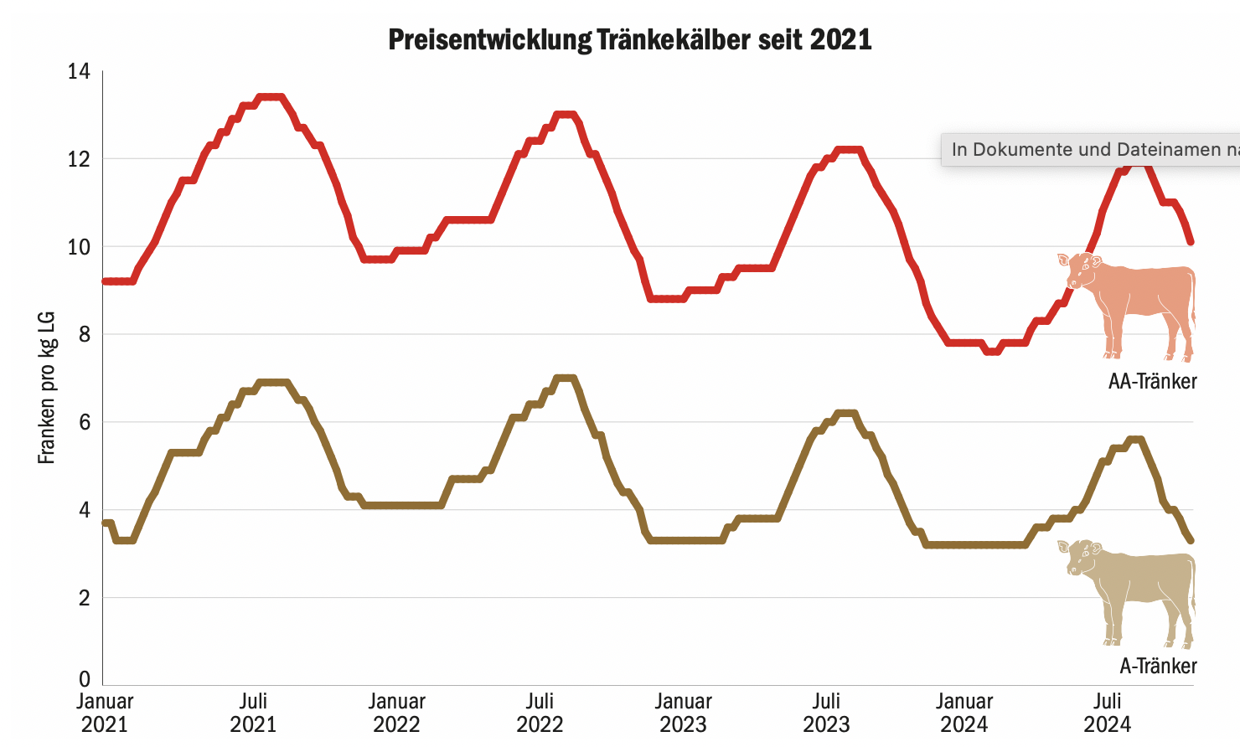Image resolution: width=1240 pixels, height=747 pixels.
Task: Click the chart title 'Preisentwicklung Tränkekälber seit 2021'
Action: point(630,39)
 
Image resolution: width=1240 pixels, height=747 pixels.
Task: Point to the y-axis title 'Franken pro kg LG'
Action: point(47,387)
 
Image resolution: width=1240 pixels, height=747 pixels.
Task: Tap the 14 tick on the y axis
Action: point(79,71)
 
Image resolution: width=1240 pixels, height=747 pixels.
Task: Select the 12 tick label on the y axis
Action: point(79,159)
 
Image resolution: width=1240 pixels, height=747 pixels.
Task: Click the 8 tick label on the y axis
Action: point(84,334)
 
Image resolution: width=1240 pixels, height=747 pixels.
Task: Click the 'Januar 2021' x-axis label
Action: point(105,712)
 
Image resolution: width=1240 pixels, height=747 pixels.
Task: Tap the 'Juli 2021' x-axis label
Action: point(253,712)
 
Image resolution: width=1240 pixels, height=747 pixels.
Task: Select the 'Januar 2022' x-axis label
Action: point(396,712)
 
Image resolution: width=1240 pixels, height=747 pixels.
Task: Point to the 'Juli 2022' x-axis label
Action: point(540,712)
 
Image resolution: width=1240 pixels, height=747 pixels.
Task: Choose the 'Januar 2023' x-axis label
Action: point(683,712)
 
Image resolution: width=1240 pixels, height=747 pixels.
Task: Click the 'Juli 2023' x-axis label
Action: point(826,712)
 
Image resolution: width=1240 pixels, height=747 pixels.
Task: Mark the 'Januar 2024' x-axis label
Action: point(964,712)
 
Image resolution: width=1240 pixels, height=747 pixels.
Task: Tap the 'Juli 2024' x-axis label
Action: point(1108,712)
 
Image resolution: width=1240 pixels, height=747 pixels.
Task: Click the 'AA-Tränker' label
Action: point(1152,382)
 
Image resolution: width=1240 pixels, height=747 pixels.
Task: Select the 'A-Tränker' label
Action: point(1158,666)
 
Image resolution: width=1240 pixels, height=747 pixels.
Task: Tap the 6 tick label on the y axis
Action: point(84,422)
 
